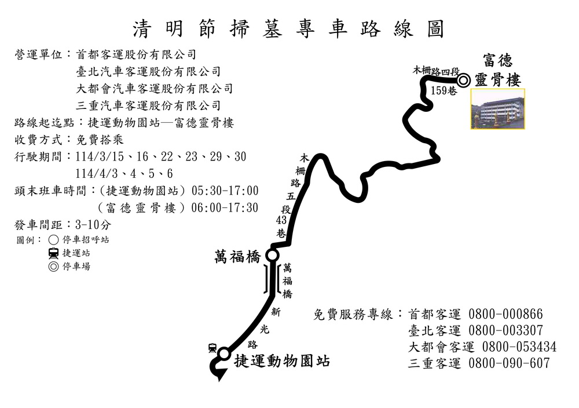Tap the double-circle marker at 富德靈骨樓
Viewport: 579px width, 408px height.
463,80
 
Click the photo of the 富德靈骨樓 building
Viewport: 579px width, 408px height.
498,108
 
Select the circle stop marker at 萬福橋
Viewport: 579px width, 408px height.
272,255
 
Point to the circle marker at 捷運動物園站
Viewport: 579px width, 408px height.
224,354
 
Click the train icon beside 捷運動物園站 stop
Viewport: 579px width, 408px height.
212,348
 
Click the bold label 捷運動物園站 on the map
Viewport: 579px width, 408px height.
282,361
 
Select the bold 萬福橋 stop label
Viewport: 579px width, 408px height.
237,257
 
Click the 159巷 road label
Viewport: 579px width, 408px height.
444,90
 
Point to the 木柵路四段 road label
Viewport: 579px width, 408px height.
436,71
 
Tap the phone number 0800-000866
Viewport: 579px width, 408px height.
505,314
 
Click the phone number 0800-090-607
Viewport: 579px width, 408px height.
509,363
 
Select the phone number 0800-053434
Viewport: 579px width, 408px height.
519,347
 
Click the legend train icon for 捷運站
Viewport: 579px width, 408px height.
53,253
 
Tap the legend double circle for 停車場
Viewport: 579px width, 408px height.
53,267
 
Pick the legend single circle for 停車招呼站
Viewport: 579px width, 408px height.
53,240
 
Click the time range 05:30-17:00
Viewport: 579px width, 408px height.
225,191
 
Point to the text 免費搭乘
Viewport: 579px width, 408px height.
100,140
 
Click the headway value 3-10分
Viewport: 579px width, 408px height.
93,224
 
